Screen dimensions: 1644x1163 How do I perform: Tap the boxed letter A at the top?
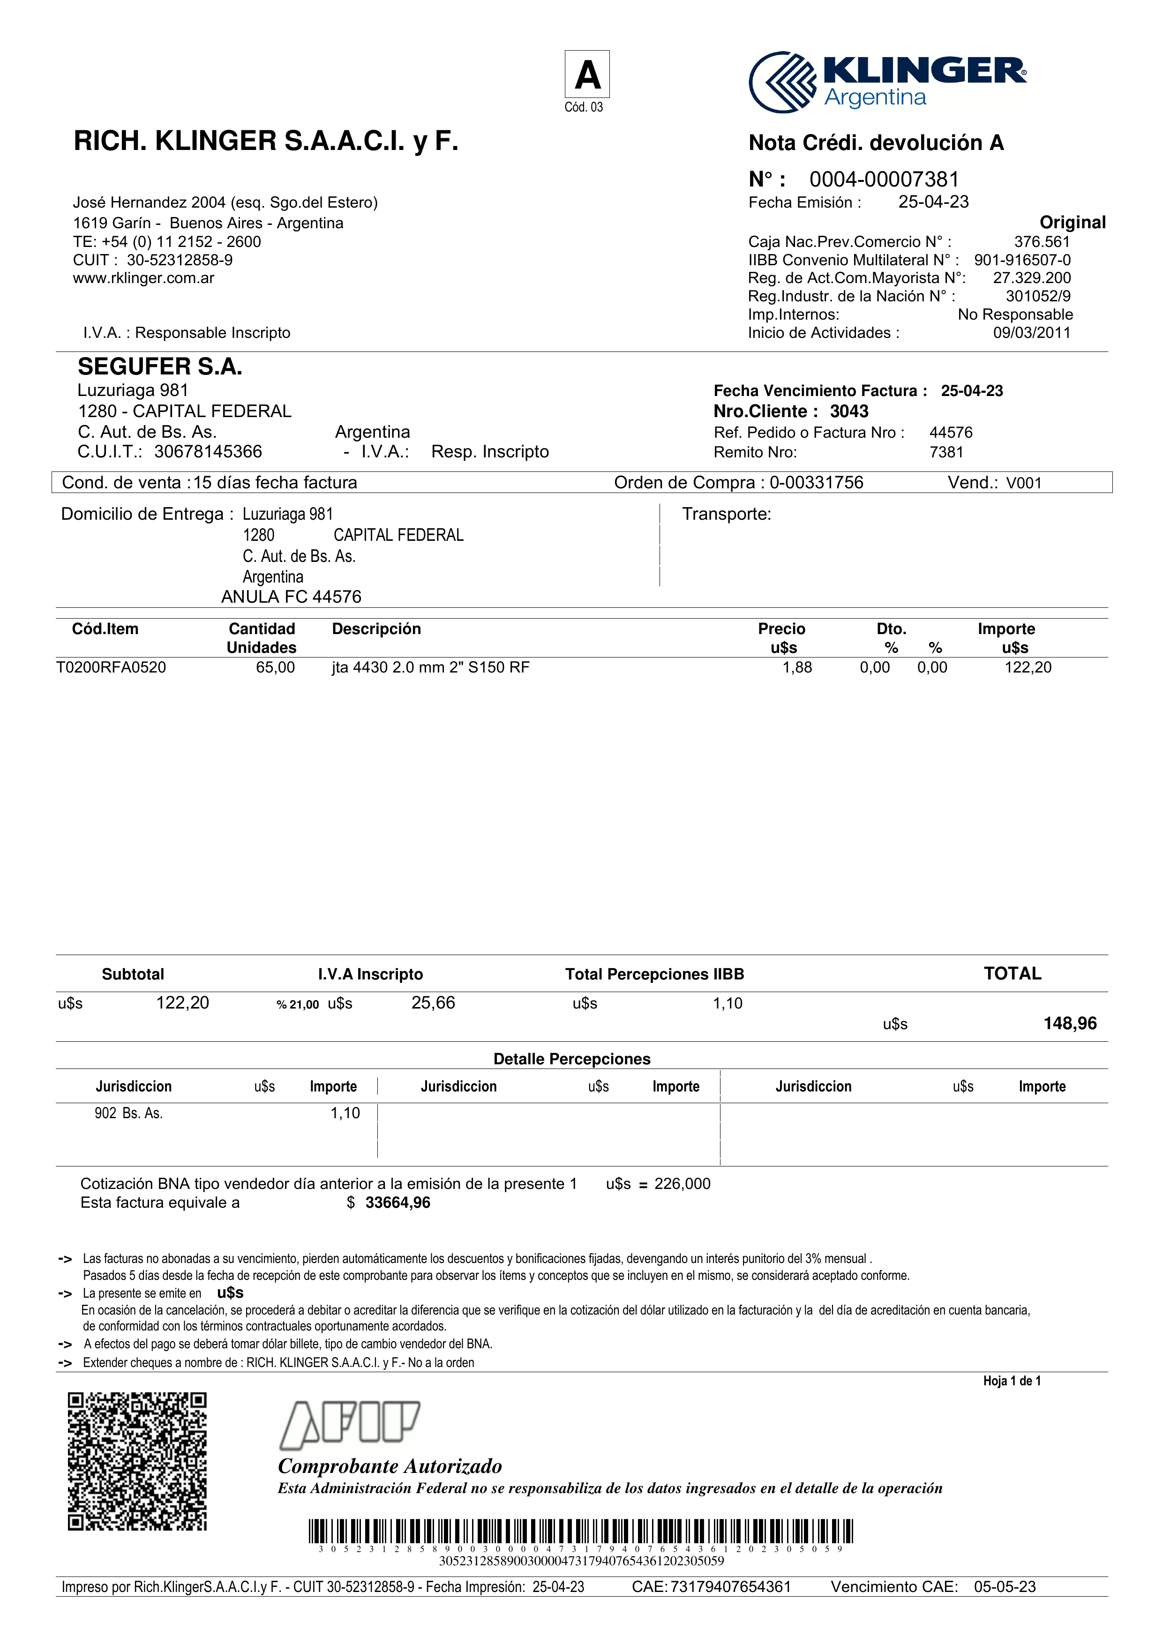click(x=587, y=75)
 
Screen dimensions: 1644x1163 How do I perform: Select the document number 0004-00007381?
click(x=884, y=179)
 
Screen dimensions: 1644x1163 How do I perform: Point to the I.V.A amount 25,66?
click(x=433, y=1003)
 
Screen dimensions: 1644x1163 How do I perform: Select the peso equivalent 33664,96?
click(x=398, y=1203)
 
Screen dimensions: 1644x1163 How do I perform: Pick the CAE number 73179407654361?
click(x=730, y=1587)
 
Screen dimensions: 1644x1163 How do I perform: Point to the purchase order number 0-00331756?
click(x=817, y=483)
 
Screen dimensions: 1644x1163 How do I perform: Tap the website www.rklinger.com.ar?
click(x=143, y=278)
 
